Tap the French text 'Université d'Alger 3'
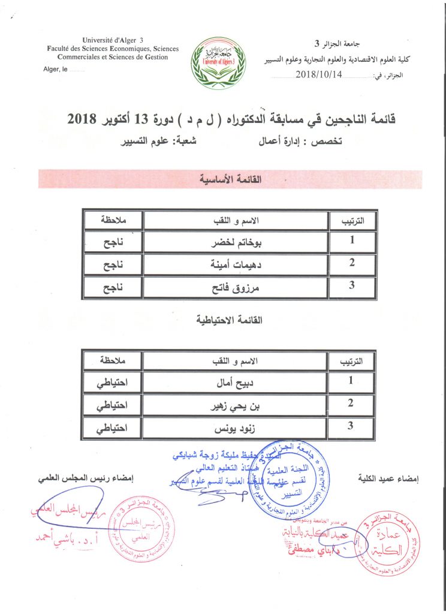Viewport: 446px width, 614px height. (x=101, y=39)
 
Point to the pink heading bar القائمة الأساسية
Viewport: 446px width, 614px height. (x=230, y=179)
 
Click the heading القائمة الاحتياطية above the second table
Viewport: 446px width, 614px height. (x=230, y=320)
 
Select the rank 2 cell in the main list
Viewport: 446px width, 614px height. (x=352, y=263)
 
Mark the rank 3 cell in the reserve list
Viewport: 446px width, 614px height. (x=352, y=427)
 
